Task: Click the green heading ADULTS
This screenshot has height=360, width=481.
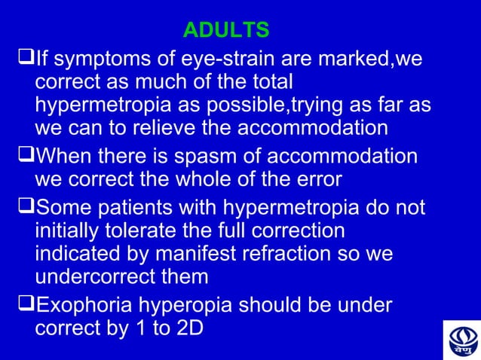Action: (226, 31)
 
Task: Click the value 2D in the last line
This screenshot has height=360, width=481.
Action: (189, 328)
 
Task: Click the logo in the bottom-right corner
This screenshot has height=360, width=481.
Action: (461, 340)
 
